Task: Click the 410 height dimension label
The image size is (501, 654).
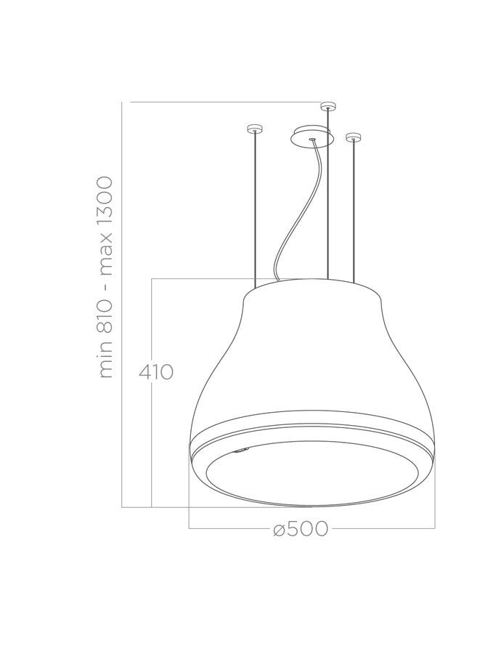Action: pyautogui.click(x=156, y=373)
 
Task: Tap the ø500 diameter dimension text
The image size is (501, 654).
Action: pyautogui.click(x=301, y=529)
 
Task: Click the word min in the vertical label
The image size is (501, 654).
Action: pyautogui.click(x=106, y=364)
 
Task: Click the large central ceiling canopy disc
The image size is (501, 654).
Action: pyautogui.click(x=311, y=137)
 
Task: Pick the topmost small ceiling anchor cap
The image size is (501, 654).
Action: pyautogui.click(x=328, y=107)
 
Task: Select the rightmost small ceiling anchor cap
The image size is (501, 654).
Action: pyautogui.click(x=353, y=135)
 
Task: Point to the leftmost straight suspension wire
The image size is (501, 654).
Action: pyautogui.click(x=253, y=211)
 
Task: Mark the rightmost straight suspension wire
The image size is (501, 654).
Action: pyautogui.click(x=354, y=211)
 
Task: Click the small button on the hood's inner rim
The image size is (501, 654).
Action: pyautogui.click(x=241, y=451)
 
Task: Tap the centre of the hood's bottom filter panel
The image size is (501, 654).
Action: pyautogui.click(x=312, y=472)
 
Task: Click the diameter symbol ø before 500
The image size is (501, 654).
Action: pyautogui.click(x=278, y=530)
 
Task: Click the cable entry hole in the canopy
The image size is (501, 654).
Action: pyautogui.click(x=311, y=135)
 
